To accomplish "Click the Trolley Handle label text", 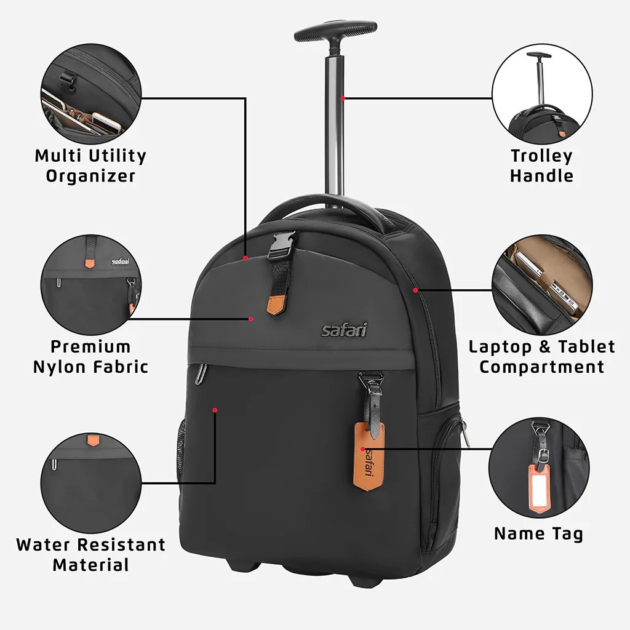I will [x=541, y=165].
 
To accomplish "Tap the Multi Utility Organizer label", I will [x=90, y=165].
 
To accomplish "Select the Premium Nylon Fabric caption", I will [x=90, y=357].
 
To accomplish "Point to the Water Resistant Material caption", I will [x=90, y=554].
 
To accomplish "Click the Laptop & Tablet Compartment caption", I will [x=541, y=357].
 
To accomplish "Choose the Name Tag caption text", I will [x=538, y=533].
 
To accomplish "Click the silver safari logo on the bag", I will [x=344, y=330].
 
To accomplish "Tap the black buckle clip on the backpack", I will [x=282, y=244].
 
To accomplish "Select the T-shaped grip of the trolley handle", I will [x=335, y=31].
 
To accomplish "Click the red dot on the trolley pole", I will [x=343, y=98].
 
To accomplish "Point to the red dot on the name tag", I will [x=363, y=449].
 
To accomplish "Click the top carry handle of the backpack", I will [x=326, y=206].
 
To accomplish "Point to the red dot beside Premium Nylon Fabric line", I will [x=251, y=319].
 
